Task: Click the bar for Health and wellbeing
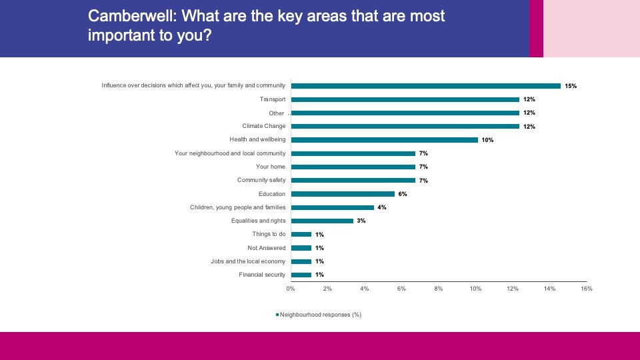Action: pos(385,140)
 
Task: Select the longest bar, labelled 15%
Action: pos(426,86)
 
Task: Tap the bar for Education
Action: pos(344,194)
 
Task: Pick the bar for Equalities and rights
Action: pos(322,221)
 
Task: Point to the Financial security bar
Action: pos(301,275)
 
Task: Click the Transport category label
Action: pos(272,99)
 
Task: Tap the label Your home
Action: pos(271,167)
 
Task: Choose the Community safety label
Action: pos(261,181)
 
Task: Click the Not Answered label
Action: pos(266,248)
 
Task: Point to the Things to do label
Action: pos(269,234)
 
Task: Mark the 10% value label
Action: pos(487,140)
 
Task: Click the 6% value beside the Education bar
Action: pos(402,194)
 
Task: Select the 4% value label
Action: pos(382,207)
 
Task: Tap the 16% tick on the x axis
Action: pos(587,289)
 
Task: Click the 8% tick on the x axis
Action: pos(439,289)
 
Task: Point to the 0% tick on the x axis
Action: pos(291,289)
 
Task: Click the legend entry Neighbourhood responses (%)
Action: pos(320,314)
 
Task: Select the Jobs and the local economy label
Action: pos(248,261)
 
